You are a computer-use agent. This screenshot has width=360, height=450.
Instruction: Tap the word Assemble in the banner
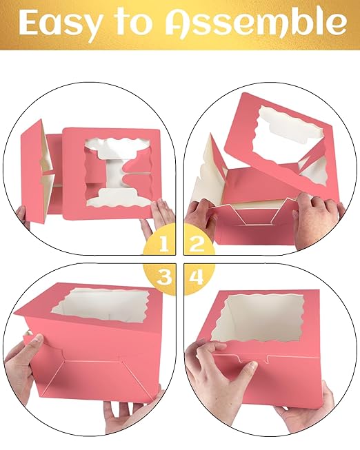coord(256,22)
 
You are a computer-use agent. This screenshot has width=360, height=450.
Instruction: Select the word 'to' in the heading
coord(133,22)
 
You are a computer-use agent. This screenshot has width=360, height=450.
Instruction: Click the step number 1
coord(163,243)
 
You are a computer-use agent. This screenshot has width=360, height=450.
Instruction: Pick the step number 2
coord(197,243)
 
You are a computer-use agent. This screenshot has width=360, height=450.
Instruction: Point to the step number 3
coord(163,277)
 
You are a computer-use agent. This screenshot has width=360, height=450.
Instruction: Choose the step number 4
coord(197,277)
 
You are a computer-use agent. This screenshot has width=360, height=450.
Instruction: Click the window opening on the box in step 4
coord(257,319)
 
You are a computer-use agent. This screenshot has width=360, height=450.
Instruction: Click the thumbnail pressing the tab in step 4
coord(252,365)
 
